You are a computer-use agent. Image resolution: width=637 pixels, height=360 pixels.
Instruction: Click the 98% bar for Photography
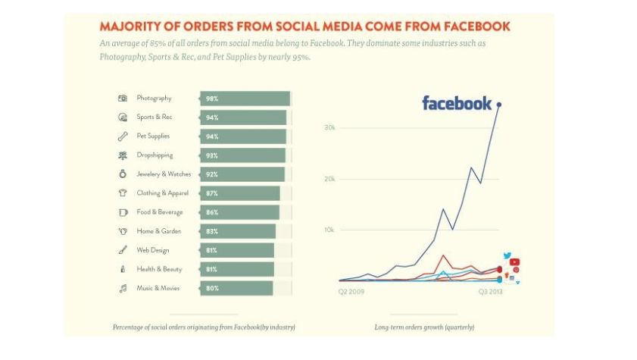[x=245, y=99]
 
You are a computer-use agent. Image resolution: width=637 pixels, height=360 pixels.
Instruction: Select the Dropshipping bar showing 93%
[x=242, y=155]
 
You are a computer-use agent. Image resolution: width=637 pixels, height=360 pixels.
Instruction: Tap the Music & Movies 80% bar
[x=236, y=288]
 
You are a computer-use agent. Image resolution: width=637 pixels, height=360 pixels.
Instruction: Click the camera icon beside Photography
[x=123, y=99]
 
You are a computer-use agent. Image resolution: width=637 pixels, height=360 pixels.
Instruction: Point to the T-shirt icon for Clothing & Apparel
[x=123, y=193]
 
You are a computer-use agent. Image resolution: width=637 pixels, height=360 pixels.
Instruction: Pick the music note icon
[x=123, y=288]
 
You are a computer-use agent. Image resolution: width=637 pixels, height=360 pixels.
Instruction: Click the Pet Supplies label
[x=153, y=136]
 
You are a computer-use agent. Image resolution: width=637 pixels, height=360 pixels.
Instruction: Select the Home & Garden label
[x=155, y=231]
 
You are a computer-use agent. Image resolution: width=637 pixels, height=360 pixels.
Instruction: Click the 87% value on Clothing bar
[x=212, y=193]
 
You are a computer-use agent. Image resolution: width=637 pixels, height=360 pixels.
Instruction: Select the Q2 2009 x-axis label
[x=351, y=290]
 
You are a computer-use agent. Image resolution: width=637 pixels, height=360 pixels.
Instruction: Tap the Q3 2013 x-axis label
[x=489, y=290]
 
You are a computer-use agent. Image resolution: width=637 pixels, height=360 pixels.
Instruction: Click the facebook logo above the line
[x=457, y=104]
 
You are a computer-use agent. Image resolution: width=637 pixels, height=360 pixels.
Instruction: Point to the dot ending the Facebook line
[x=498, y=104]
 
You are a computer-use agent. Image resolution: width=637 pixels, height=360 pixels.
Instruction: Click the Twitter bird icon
[x=507, y=256]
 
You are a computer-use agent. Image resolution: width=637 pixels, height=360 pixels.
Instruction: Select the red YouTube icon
[x=514, y=262]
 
